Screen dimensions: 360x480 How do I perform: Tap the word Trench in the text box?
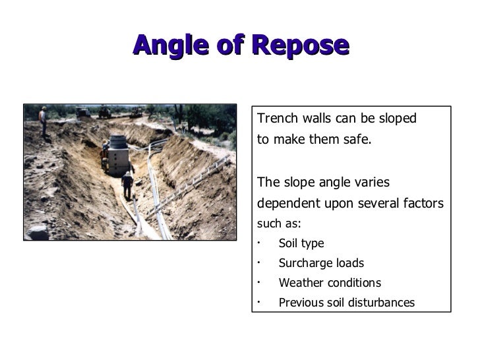tap(277, 119)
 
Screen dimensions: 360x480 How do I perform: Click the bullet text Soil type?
tap(301, 243)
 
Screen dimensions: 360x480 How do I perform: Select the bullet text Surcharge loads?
tap(321, 263)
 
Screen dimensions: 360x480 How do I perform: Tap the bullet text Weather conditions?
tap(330, 283)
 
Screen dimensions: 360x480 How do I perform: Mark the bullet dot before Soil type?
tap(260, 242)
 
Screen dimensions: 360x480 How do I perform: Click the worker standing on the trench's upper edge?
tap(43, 121)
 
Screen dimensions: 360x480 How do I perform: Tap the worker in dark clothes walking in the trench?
tap(127, 185)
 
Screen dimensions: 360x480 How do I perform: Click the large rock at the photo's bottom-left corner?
tap(36, 231)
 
